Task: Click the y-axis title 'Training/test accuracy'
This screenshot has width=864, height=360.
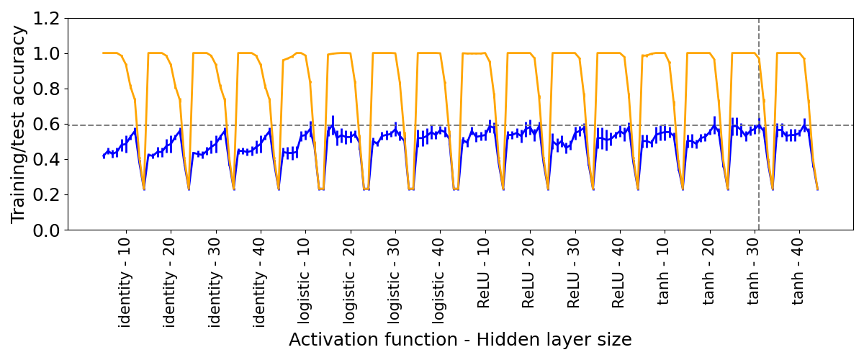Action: click(19, 124)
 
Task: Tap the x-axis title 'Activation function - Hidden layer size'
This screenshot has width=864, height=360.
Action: click(460, 340)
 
